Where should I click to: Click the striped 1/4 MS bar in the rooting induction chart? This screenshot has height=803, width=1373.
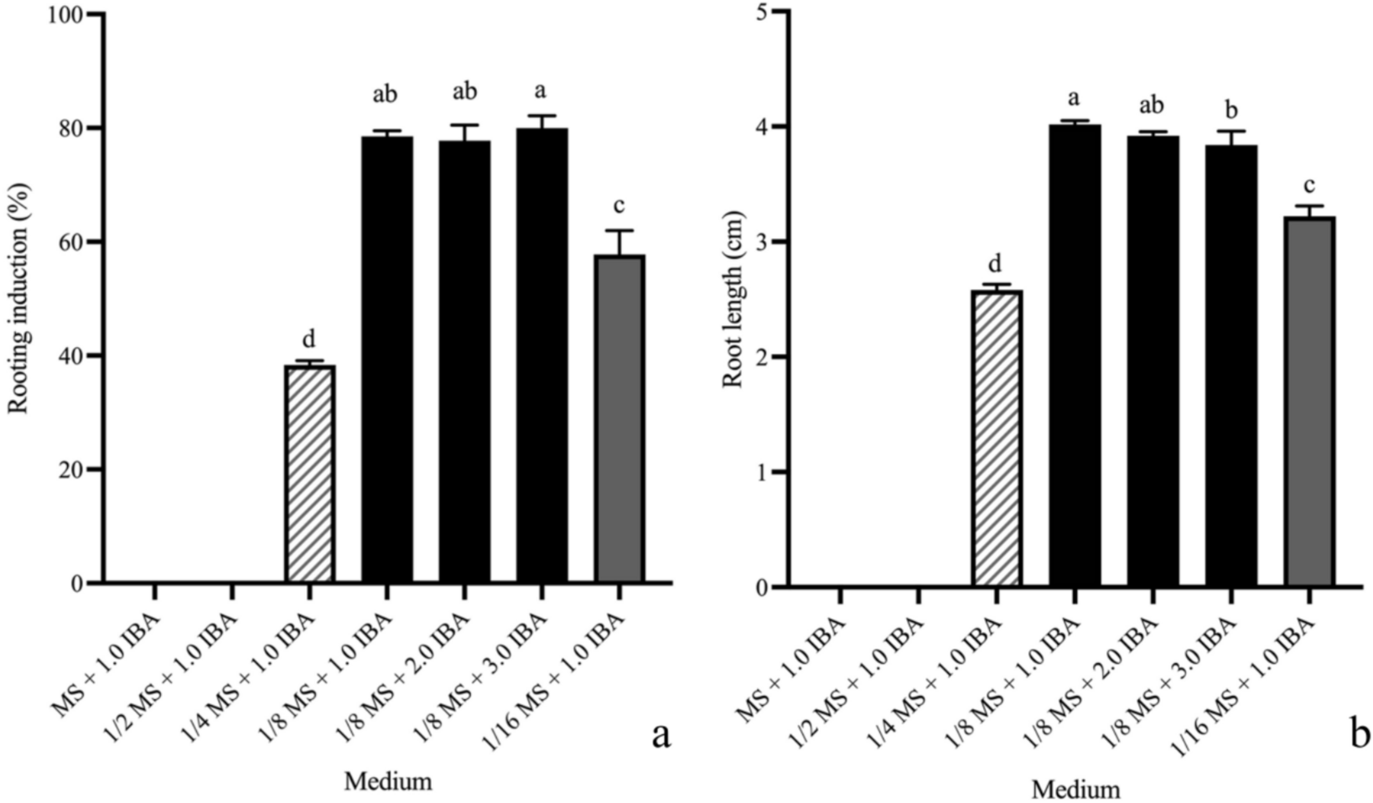click(309, 474)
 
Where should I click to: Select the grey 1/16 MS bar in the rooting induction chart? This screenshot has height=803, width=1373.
click(619, 419)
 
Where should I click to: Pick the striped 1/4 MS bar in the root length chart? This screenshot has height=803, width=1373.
click(996, 438)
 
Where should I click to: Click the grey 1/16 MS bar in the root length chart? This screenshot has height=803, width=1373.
click(1309, 402)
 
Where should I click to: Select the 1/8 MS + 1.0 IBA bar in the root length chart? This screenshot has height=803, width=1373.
click(1075, 356)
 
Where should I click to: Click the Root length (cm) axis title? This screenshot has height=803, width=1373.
click(732, 299)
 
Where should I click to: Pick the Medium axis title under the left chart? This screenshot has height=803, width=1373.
click(388, 781)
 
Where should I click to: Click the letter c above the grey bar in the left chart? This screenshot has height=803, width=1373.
click(619, 206)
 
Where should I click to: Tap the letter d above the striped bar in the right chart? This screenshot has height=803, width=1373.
click(995, 263)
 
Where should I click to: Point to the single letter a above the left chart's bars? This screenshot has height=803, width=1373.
click(541, 91)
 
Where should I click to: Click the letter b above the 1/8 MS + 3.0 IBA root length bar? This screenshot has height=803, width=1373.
click(1231, 110)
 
